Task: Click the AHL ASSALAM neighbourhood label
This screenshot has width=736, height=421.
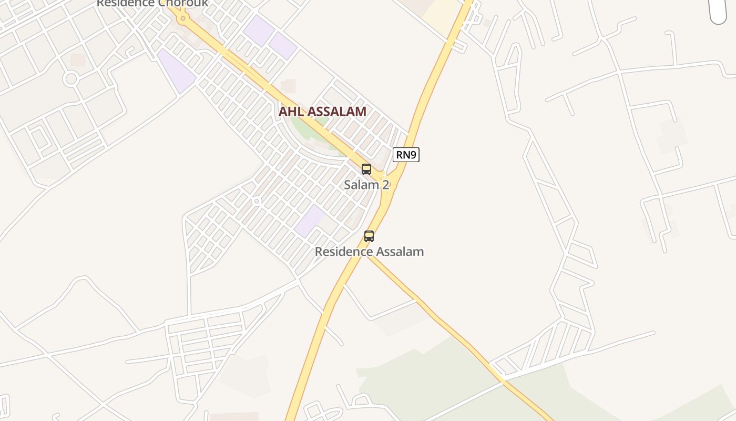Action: (322, 112)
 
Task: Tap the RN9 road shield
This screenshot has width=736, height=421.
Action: (406, 155)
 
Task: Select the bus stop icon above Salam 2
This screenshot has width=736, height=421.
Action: (366, 169)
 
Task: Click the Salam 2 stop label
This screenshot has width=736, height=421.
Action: (366, 185)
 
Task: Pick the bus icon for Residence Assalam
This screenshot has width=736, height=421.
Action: (369, 236)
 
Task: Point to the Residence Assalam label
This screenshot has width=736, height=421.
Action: (369, 252)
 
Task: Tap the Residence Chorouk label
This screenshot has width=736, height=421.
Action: (152, 3)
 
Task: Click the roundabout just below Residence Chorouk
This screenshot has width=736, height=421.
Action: (183, 19)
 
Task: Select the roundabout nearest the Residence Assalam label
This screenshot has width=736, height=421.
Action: (257, 201)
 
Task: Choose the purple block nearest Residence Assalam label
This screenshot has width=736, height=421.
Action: (310, 220)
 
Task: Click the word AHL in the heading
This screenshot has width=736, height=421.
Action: (290, 112)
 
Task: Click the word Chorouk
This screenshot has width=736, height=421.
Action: (183, 3)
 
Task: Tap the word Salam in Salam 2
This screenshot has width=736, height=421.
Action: (361, 185)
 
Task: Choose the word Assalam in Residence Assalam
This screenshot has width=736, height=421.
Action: (400, 252)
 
